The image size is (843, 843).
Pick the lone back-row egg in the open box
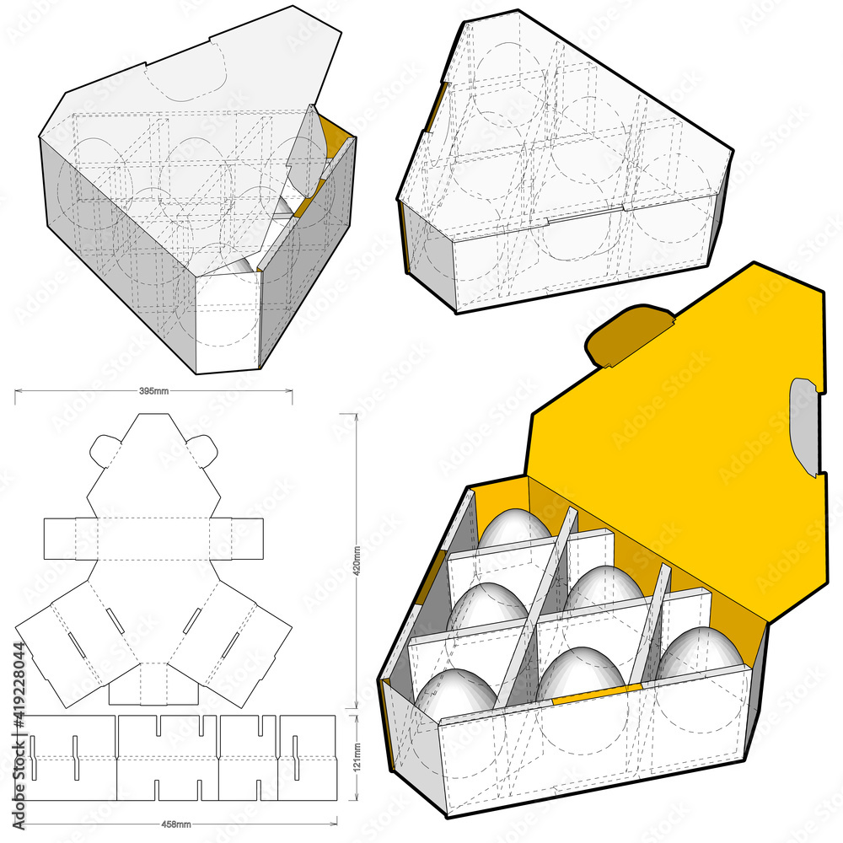click(x=514, y=529)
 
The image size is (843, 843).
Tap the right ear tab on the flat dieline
click(x=199, y=447)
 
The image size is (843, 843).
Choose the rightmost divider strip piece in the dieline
click(x=307, y=757)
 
